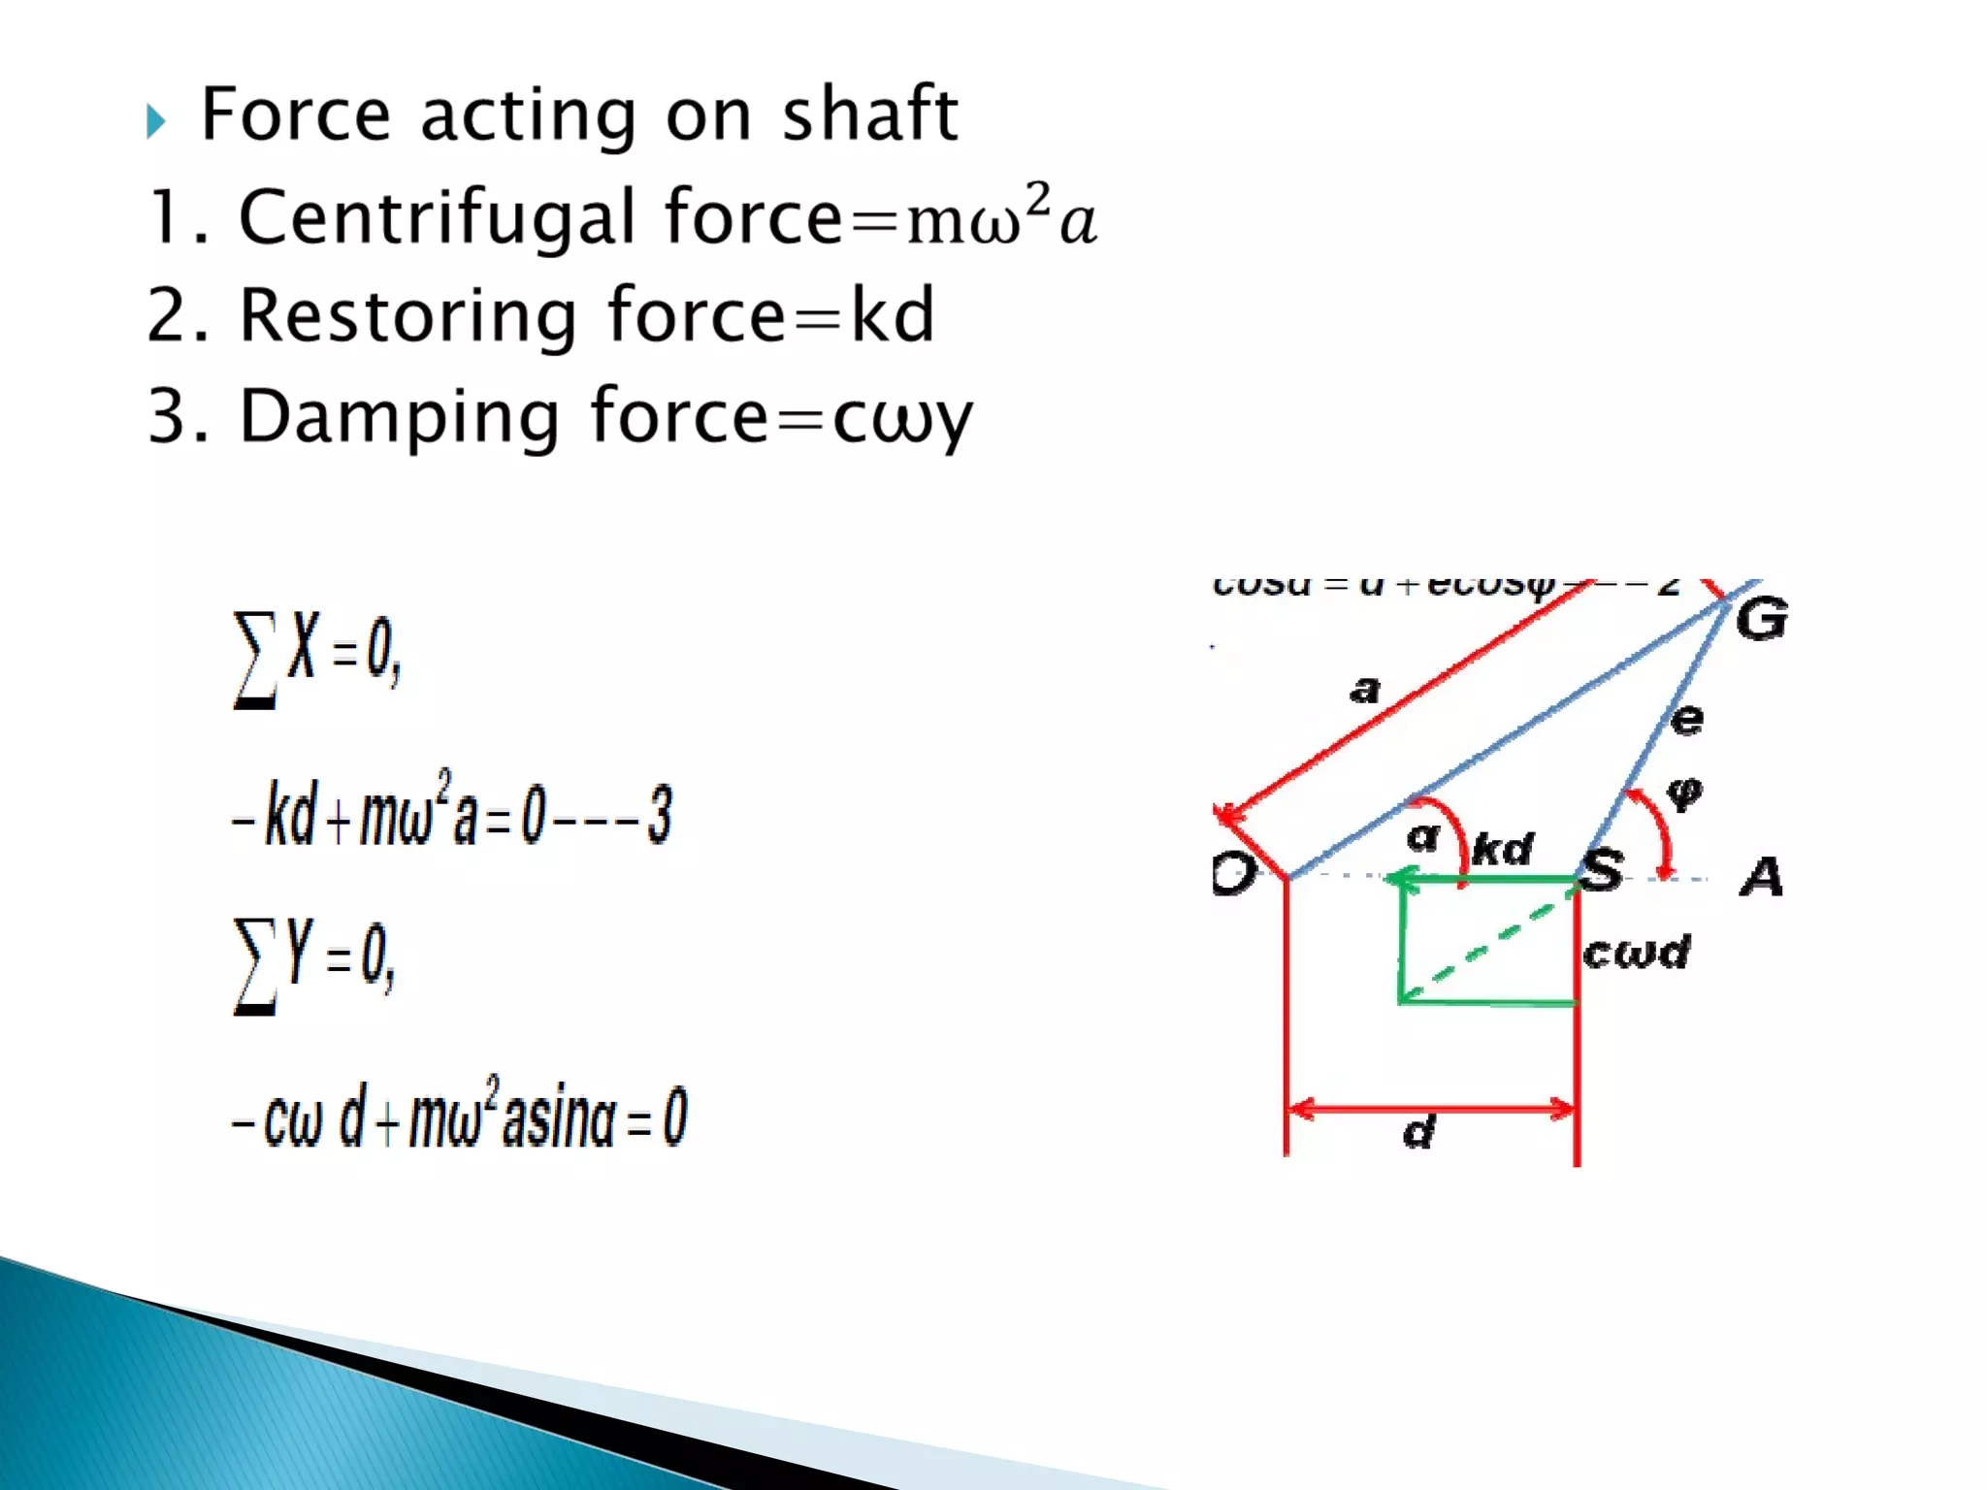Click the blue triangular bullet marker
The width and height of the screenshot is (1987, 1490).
coord(155,121)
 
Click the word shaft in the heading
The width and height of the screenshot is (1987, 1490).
coord(869,114)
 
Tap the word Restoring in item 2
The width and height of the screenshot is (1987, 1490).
coord(407,316)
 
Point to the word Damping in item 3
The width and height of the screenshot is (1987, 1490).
coord(399,416)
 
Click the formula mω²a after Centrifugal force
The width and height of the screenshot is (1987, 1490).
coord(1001,215)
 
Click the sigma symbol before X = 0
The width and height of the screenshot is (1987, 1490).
coord(254,660)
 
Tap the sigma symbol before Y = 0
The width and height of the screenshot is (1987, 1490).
coord(254,966)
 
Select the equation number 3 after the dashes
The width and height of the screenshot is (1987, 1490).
coord(660,815)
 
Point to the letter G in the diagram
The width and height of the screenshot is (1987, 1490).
coord(1761,619)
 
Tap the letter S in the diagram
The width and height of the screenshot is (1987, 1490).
coord(1603,869)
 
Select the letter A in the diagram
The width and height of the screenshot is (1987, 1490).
coord(1761,876)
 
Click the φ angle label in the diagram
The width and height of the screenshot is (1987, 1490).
coord(1684,793)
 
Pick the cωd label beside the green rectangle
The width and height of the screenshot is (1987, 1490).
coord(1636,953)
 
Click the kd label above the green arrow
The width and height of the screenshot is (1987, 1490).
coord(1502,849)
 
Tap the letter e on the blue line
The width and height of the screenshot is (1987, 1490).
coord(1687,719)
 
